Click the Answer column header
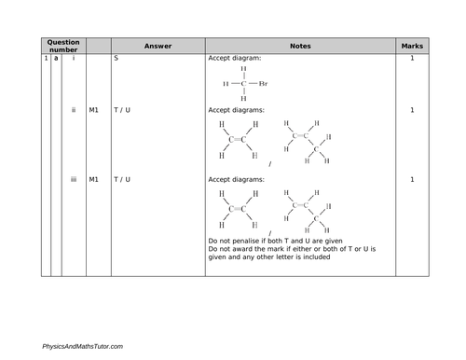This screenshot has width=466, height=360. pos(158,45)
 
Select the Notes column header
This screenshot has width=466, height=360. pos(300,45)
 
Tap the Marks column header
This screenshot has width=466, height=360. pos(411,45)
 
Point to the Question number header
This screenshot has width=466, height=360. pos(63,45)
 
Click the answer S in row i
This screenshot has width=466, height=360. pos(116,59)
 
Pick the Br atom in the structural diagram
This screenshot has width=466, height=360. pos(264,83)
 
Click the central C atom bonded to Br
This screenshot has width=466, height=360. pos(243,83)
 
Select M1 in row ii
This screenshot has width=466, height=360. pos(94,110)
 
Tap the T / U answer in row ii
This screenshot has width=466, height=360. pos(122,110)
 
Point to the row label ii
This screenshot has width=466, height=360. pos(74,110)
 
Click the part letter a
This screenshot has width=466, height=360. pos(55,59)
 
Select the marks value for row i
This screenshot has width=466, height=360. pos(411,59)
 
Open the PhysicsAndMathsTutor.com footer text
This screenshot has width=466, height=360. pos(82,346)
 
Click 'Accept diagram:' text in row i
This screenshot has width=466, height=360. pos(235,59)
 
